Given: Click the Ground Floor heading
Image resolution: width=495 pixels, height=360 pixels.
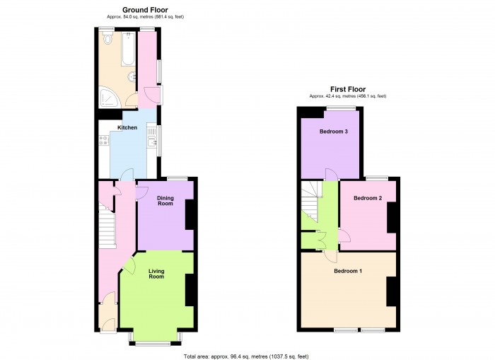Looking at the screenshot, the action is (145, 10).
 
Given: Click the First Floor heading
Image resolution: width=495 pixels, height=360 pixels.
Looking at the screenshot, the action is (348, 89).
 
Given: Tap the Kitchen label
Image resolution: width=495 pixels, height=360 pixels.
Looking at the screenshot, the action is (127, 127).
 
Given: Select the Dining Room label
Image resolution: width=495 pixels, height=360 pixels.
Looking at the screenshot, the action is (165, 201).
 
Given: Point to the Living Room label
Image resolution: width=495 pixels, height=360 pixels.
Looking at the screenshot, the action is (156, 274).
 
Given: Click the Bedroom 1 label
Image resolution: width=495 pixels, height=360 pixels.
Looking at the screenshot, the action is (348, 271).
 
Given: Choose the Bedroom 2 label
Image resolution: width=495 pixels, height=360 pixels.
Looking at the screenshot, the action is (368, 198).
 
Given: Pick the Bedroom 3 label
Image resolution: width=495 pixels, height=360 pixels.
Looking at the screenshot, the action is (334, 132).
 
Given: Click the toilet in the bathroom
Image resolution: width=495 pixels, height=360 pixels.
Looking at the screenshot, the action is (108, 38).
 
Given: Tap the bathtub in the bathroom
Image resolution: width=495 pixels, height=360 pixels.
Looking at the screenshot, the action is (128, 48).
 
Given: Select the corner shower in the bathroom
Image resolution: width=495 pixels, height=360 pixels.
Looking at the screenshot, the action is (109, 98).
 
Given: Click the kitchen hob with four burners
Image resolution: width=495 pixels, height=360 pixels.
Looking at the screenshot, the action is (104, 140).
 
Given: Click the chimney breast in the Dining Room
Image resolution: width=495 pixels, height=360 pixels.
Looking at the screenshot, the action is (190, 214).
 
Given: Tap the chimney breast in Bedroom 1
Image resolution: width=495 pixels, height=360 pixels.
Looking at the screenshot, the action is (392, 291).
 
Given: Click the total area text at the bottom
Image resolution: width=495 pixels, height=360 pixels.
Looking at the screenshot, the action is (246, 356).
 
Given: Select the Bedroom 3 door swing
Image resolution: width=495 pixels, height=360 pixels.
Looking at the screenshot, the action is (331, 174).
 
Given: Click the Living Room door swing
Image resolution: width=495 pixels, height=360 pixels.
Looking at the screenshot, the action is (129, 265).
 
